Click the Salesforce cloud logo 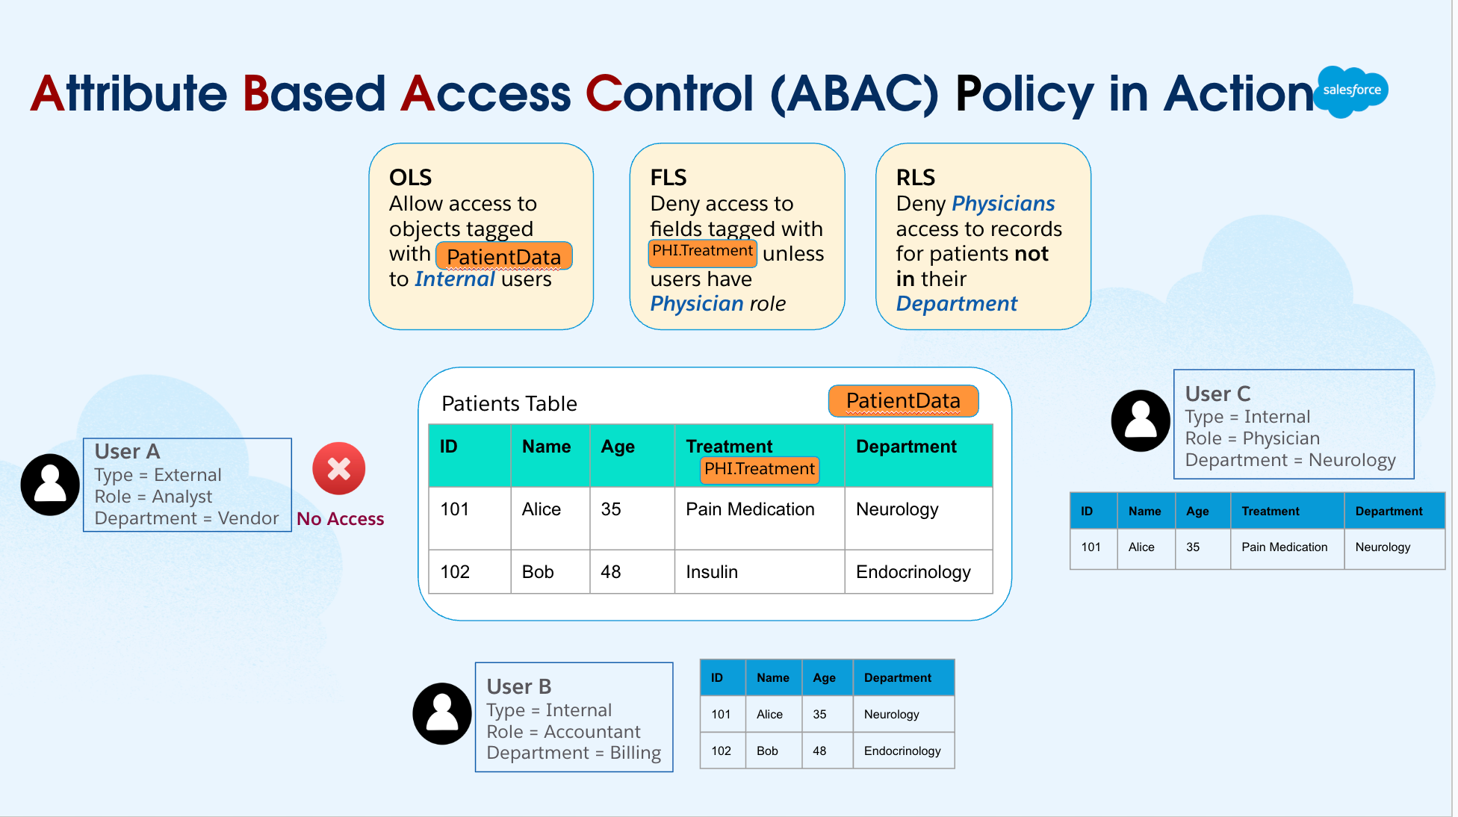tap(1351, 91)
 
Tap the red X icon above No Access tap(338, 469)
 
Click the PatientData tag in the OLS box tap(503, 256)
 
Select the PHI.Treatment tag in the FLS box tap(702, 252)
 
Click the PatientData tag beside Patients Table tap(903, 401)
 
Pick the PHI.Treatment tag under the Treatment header tap(759, 469)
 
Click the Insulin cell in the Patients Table tap(712, 572)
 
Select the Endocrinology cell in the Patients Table tap(913, 572)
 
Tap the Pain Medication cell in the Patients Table tap(750, 509)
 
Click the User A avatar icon tap(50, 485)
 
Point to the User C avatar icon tap(1141, 420)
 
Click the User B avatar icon tap(442, 713)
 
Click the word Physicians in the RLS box tap(1002, 204)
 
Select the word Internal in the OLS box tap(455, 279)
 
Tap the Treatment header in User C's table tap(1270, 512)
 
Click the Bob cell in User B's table tap(767, 751)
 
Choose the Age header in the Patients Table tap(618, 447)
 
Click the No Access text tap(341, 519)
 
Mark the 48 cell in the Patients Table tap(610, 572)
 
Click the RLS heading tap(915, 178)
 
